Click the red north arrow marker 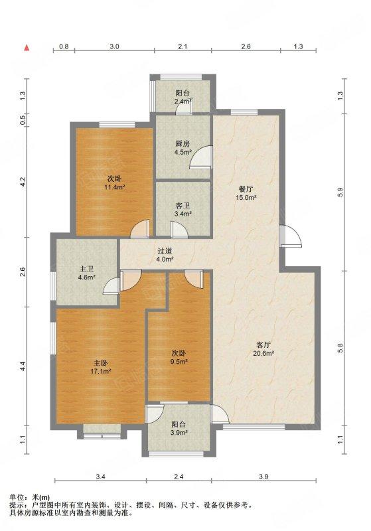[x=27, y=48]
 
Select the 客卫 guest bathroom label [x=183, y=205]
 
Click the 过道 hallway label [x=165, y=252]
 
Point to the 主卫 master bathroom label [x=87, y=269]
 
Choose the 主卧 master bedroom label [x=100, y=363]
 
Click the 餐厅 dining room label [x=246, y=189]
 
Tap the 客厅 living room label [x=263, y=344]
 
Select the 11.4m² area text [x=114, y=187]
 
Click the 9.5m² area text [x=179, y=362]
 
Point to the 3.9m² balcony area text [x=179, y=433]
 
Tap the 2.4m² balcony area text [x=183, y=101]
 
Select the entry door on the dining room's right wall [x=291, y=236]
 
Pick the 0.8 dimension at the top [x=64, y=46]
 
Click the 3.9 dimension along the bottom [x=263, y=477]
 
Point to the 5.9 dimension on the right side [x=340, y=192]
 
